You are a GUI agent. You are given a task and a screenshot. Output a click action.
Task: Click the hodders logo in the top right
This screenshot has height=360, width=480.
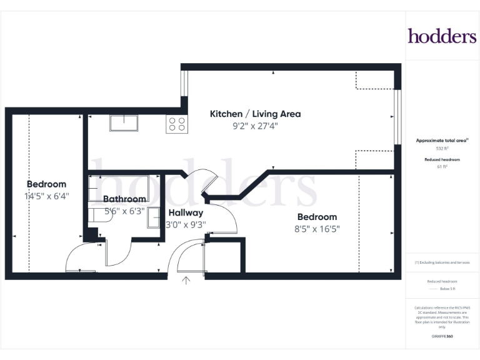(x=442, y=36)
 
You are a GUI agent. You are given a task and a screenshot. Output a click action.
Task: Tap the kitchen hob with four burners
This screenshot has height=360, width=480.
(x=176, y=124)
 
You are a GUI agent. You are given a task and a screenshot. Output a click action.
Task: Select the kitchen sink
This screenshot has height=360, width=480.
(x=124, y=123)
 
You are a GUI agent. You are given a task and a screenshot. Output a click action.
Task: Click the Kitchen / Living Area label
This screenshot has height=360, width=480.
(x=255, y=114)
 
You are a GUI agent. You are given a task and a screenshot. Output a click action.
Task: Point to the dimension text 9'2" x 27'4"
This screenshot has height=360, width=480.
(x=255, y=126)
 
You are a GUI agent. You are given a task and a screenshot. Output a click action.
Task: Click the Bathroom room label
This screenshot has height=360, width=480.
(x=124, y=199)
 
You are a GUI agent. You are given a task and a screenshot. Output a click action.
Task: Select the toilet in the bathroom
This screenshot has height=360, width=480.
(x=97, y=215)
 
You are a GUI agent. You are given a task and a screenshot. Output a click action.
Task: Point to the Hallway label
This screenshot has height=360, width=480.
(x=186, y=212)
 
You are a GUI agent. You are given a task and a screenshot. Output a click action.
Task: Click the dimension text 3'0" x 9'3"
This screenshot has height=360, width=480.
(x=186, y=224)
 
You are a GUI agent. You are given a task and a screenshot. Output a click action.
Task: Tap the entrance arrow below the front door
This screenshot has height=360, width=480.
(x=186, y=281)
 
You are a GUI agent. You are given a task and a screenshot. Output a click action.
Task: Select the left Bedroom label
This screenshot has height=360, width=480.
(x=46, y=184)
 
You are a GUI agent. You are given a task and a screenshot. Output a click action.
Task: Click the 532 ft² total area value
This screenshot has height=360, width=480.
(x=442, y=149)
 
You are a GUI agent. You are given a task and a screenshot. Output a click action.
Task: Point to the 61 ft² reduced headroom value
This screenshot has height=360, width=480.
(x=442, y=167)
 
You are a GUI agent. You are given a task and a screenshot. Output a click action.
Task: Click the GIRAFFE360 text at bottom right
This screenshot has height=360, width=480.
(x=442, y=336)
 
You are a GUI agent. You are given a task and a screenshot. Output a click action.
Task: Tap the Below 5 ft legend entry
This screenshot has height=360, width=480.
(x=442, y=290)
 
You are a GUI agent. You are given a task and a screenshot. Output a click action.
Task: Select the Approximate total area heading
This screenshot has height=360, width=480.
(x=442, y=141)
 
